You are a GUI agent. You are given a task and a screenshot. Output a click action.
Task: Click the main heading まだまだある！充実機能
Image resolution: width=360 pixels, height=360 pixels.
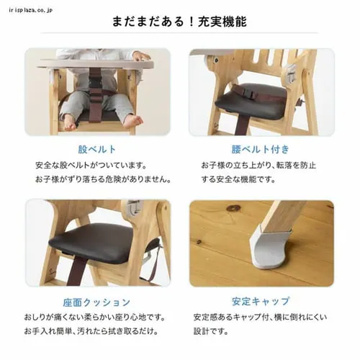pyautogui.click(x=179, y=22)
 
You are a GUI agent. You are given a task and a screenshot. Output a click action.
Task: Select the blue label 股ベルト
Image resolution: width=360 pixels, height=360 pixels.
pyautogui.click(x=96, y=150)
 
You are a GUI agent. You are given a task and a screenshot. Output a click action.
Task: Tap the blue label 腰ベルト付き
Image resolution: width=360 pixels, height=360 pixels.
pyautogui.click(x=261, y=150)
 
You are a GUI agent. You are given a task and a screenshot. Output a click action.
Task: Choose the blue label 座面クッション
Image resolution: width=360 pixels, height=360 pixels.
pyautogui.click(x=96, y=302)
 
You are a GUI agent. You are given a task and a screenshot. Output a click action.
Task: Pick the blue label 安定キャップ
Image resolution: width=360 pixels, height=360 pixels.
pyautogui.click(x=261, y=302)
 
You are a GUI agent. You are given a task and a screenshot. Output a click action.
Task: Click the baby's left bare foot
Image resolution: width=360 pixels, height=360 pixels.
pyautogui.click(x=130, y=120)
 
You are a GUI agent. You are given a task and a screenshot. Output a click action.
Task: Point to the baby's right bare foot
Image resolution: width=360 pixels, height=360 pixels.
pyautogui.click(x=69, y=121)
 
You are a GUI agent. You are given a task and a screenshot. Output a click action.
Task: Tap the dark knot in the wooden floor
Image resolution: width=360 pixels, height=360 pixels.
pyautogui.click(x=233, y=209)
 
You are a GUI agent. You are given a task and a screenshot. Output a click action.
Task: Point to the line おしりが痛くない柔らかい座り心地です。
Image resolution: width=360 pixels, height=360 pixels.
pyautogui.click(x=99, y=318)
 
